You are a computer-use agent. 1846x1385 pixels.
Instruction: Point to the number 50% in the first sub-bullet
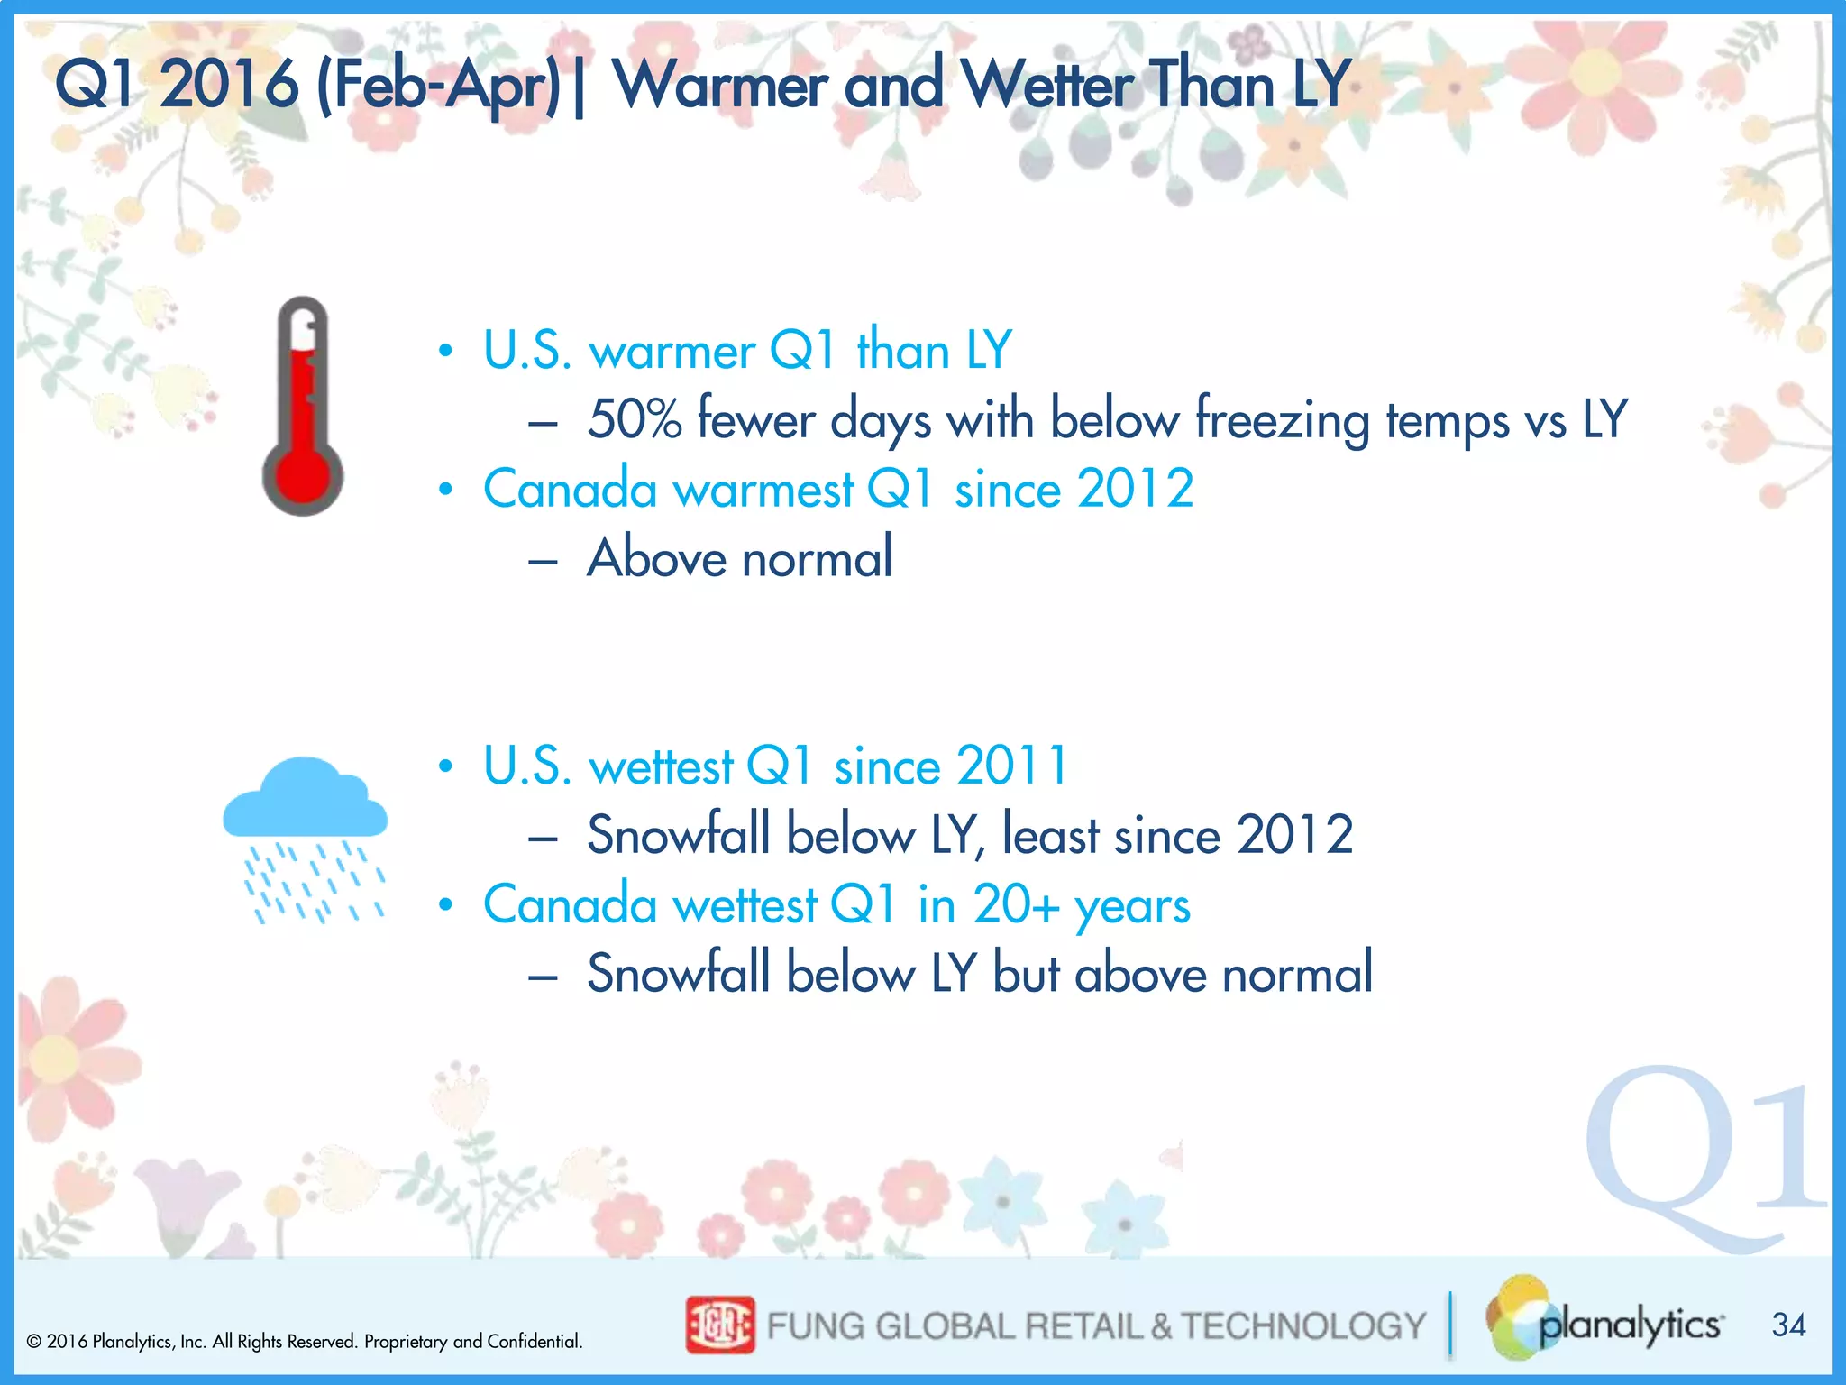pyautogui.click(x=634, y=420)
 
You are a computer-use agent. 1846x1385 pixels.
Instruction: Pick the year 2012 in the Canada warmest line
pyautogui.click(x=1135, y=490)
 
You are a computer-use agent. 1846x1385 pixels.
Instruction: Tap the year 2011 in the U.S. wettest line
pyautogui.click(x=1011, y=766)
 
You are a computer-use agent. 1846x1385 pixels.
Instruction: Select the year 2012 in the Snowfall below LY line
pyautogui.click(x=1294, y=835)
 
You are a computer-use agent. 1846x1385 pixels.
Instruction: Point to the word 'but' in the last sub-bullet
pyautogui.click(x=1025, y=974)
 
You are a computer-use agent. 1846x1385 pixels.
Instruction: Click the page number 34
pyautogui.click(x=1788, y=1325)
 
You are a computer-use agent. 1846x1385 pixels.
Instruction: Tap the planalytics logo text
pyautogui.click(x=1630, y=1325)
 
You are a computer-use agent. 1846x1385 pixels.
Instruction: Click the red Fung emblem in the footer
pyautogui.click(x=719, y=1325)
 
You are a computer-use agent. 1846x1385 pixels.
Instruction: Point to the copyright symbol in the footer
pyautogui.click(x=34, y=1342)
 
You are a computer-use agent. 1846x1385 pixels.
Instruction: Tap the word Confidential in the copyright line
pyautogui.click(x=534, y=1342)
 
